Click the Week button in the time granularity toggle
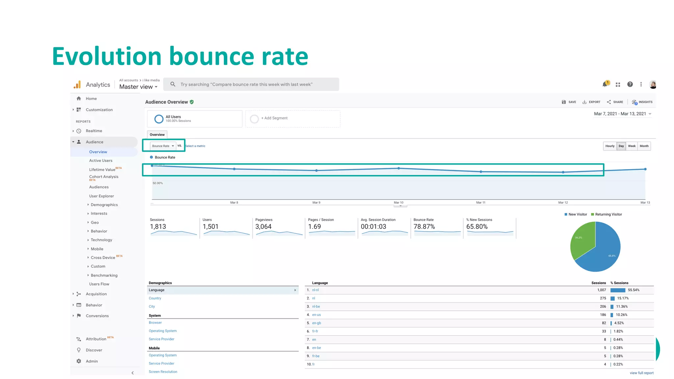click(x=632, y=146)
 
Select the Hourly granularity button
click(x=610, y=146)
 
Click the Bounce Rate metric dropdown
click(x=163, y=146)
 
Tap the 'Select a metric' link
click(x=195, y=146)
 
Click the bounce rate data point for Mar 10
click(x=399, y=168)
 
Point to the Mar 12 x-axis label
click(x=563, y=203)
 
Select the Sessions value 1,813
click(x=158, y=227)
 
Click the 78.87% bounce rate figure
click(x=424, y=227)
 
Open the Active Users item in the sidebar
click(x=101, y=161)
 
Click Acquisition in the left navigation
click(x=96, y=294)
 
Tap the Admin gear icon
click(x=79, y=361)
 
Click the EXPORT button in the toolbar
click(x=591, y=102)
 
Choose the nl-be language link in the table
click(x=316, y=307)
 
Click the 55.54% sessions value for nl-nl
click(x=634, y=290)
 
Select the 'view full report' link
click(x=641, y=373)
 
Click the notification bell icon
click(x=605, y=84)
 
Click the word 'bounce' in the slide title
click(x=211, y=57)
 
